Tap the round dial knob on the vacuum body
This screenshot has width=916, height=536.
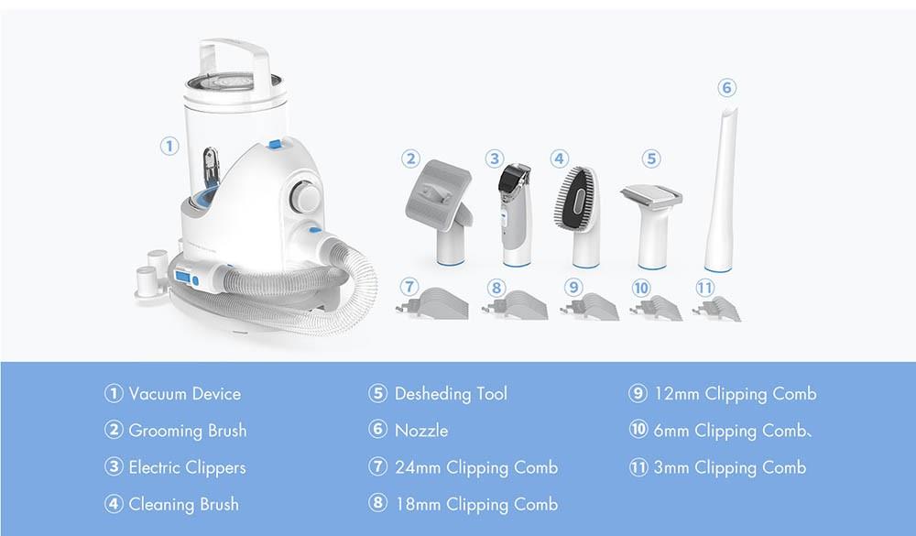[304, 195]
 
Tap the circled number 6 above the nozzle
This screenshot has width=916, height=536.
[726, 88]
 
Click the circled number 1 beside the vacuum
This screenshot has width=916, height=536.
[169, 146]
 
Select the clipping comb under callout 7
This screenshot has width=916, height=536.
[432, 303]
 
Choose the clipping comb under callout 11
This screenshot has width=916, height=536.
[717, 308]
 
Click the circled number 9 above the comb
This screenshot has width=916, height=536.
[573, 288]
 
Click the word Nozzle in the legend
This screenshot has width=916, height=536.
[421, 431]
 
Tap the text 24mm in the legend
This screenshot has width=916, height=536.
[417, 467]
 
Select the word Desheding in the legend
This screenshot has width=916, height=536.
[433, 395]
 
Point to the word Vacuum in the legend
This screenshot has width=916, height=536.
[158, 394]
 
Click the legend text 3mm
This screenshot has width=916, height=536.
[671, 467]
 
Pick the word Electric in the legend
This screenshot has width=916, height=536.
[154, 467]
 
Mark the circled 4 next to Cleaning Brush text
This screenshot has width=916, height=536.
[114, 504]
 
